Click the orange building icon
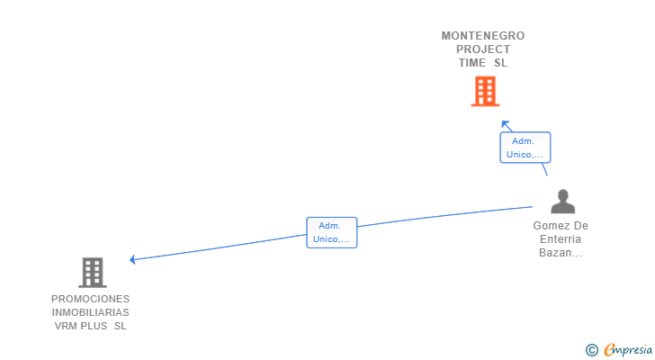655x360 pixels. (484, 91)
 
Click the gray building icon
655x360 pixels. (92, 272)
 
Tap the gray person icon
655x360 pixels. (562, 202)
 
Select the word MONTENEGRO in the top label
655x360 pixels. (483, 36)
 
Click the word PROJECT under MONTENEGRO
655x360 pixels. (483, 49)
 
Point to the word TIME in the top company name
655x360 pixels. (472, 63)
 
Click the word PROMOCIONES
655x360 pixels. (90, 299)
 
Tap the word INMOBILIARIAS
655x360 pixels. (90, 312)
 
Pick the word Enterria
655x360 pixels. (561, 239)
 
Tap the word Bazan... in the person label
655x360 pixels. (561, 253)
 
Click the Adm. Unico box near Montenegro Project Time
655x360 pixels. (525, 148)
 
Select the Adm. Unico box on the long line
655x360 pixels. (332, 232)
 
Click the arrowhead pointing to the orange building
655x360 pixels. (505, 124)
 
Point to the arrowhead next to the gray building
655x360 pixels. (133, 259)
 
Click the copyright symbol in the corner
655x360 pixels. (591, 350)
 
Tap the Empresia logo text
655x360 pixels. (628, 350)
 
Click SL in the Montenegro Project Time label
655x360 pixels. (501, 63)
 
